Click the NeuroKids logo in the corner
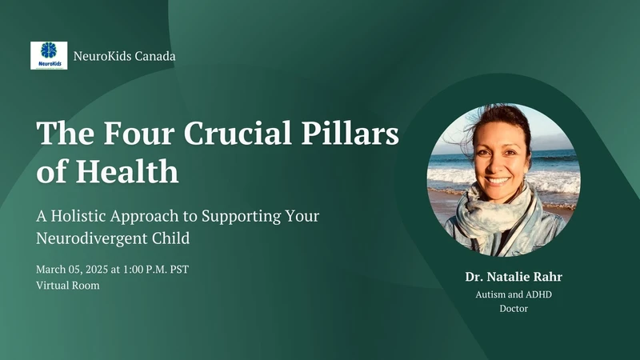[x=49, y=55]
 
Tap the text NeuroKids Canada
[x=124, y=56]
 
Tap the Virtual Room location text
[x=68, y=285]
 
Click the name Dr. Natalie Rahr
[x=508, y=278]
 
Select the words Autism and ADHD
[x=508, y=294]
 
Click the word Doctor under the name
[x=508, y=308]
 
